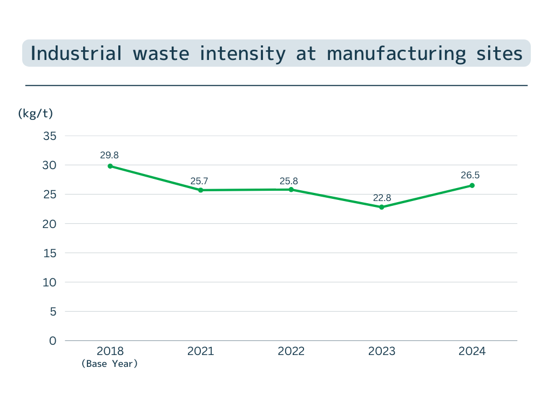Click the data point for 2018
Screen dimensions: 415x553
coord(110,166)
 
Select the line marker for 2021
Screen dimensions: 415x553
coord(200,190)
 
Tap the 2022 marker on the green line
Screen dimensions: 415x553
coord(291,190)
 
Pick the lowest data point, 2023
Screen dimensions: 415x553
coord(381,207)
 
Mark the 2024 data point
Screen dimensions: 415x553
coord(472,185)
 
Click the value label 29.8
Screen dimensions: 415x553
coord(109,155)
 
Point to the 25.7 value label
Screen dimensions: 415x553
coord(199,181)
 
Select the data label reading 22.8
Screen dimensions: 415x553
coord(382,198)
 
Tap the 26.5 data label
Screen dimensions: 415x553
coord(470,175)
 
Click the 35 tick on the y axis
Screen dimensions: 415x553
coord(50,136)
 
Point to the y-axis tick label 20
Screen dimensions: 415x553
coord(50,224)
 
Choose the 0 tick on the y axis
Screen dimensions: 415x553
coord(52,341)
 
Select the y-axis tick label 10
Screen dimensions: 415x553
coord(50,282)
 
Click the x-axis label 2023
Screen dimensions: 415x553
coord(382,351)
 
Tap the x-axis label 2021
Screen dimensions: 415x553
coord(200,351)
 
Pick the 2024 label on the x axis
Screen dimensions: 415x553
coord(472,351)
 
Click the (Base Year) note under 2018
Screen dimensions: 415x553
coord(110,364)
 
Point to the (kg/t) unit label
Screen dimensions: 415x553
coord(36,113)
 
